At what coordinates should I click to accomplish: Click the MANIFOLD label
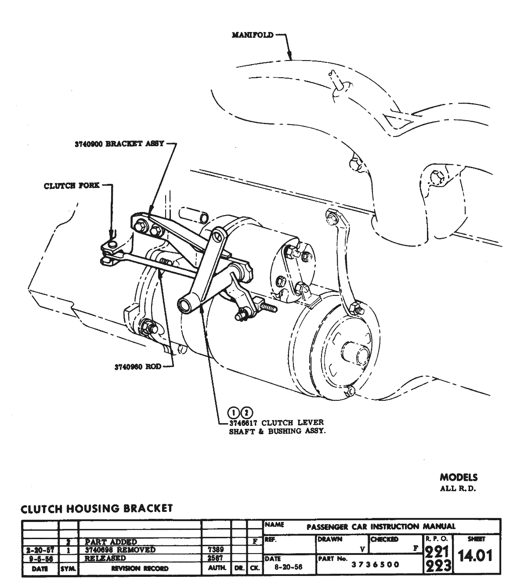point(253,35)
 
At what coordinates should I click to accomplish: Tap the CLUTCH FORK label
point(72,186)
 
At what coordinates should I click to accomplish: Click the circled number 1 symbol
point(234,412)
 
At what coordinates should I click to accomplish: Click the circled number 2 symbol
point(247,412)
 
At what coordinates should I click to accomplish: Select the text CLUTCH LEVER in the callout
point(292,422)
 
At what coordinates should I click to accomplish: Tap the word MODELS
point(459,478)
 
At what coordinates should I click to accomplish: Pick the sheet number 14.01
point(476,556)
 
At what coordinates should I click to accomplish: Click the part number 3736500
point(375,565)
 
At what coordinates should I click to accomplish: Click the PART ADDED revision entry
point(111,542)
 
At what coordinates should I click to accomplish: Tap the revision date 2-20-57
point(40,550)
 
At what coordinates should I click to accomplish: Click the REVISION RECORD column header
point(139,569)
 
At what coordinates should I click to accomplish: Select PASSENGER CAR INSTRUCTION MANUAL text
point(381,526)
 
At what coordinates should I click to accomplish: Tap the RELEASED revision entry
point(105,558)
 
